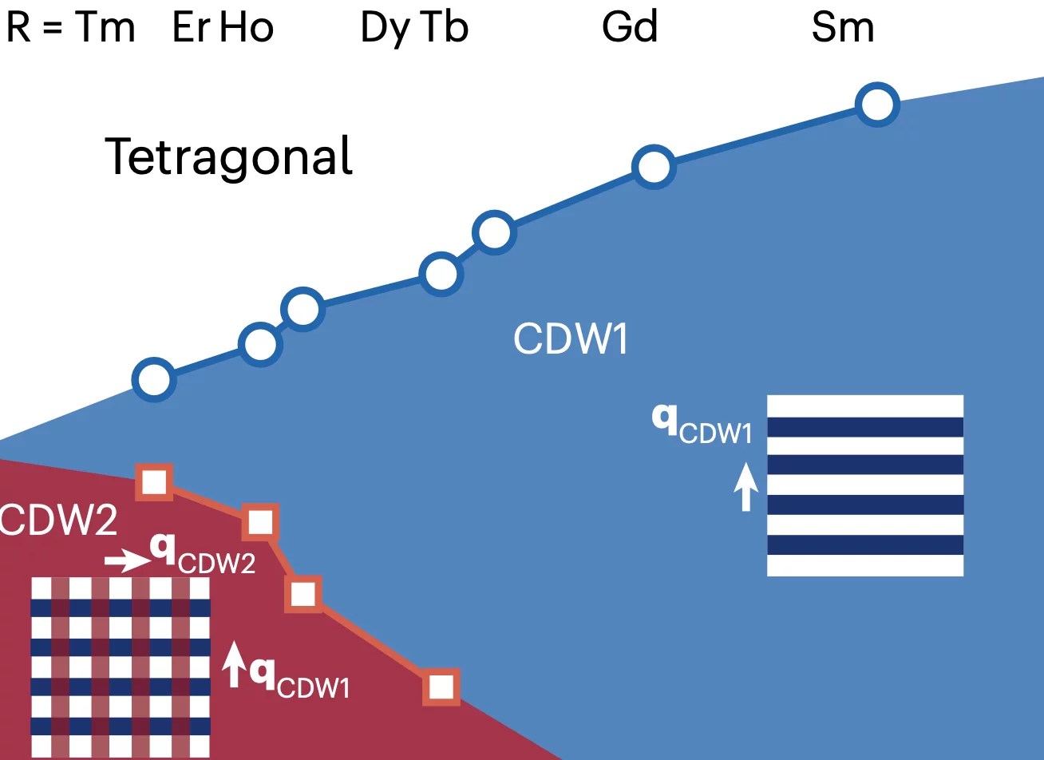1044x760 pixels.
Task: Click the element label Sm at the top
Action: tap(843, 29)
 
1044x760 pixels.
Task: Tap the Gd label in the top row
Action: tap(630, 29)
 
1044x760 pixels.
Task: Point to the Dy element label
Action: tap(386, 29)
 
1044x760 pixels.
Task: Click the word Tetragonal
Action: tap(229, 156)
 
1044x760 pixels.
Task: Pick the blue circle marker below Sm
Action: tap(877, 104)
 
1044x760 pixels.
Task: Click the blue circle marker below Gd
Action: tap(654, 167)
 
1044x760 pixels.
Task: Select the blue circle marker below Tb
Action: tap(494, 232)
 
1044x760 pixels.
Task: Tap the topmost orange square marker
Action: tap(154, 481)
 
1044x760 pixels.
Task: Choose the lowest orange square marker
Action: tap(441, 687)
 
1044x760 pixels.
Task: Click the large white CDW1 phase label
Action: tap(571, 338)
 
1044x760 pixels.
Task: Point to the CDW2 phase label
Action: tap(57, 522)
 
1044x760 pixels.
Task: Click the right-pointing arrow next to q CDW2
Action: tap(126, 561)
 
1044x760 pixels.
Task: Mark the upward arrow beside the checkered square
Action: tap(234, 664)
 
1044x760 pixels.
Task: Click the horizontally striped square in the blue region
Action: tap(865, 485)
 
